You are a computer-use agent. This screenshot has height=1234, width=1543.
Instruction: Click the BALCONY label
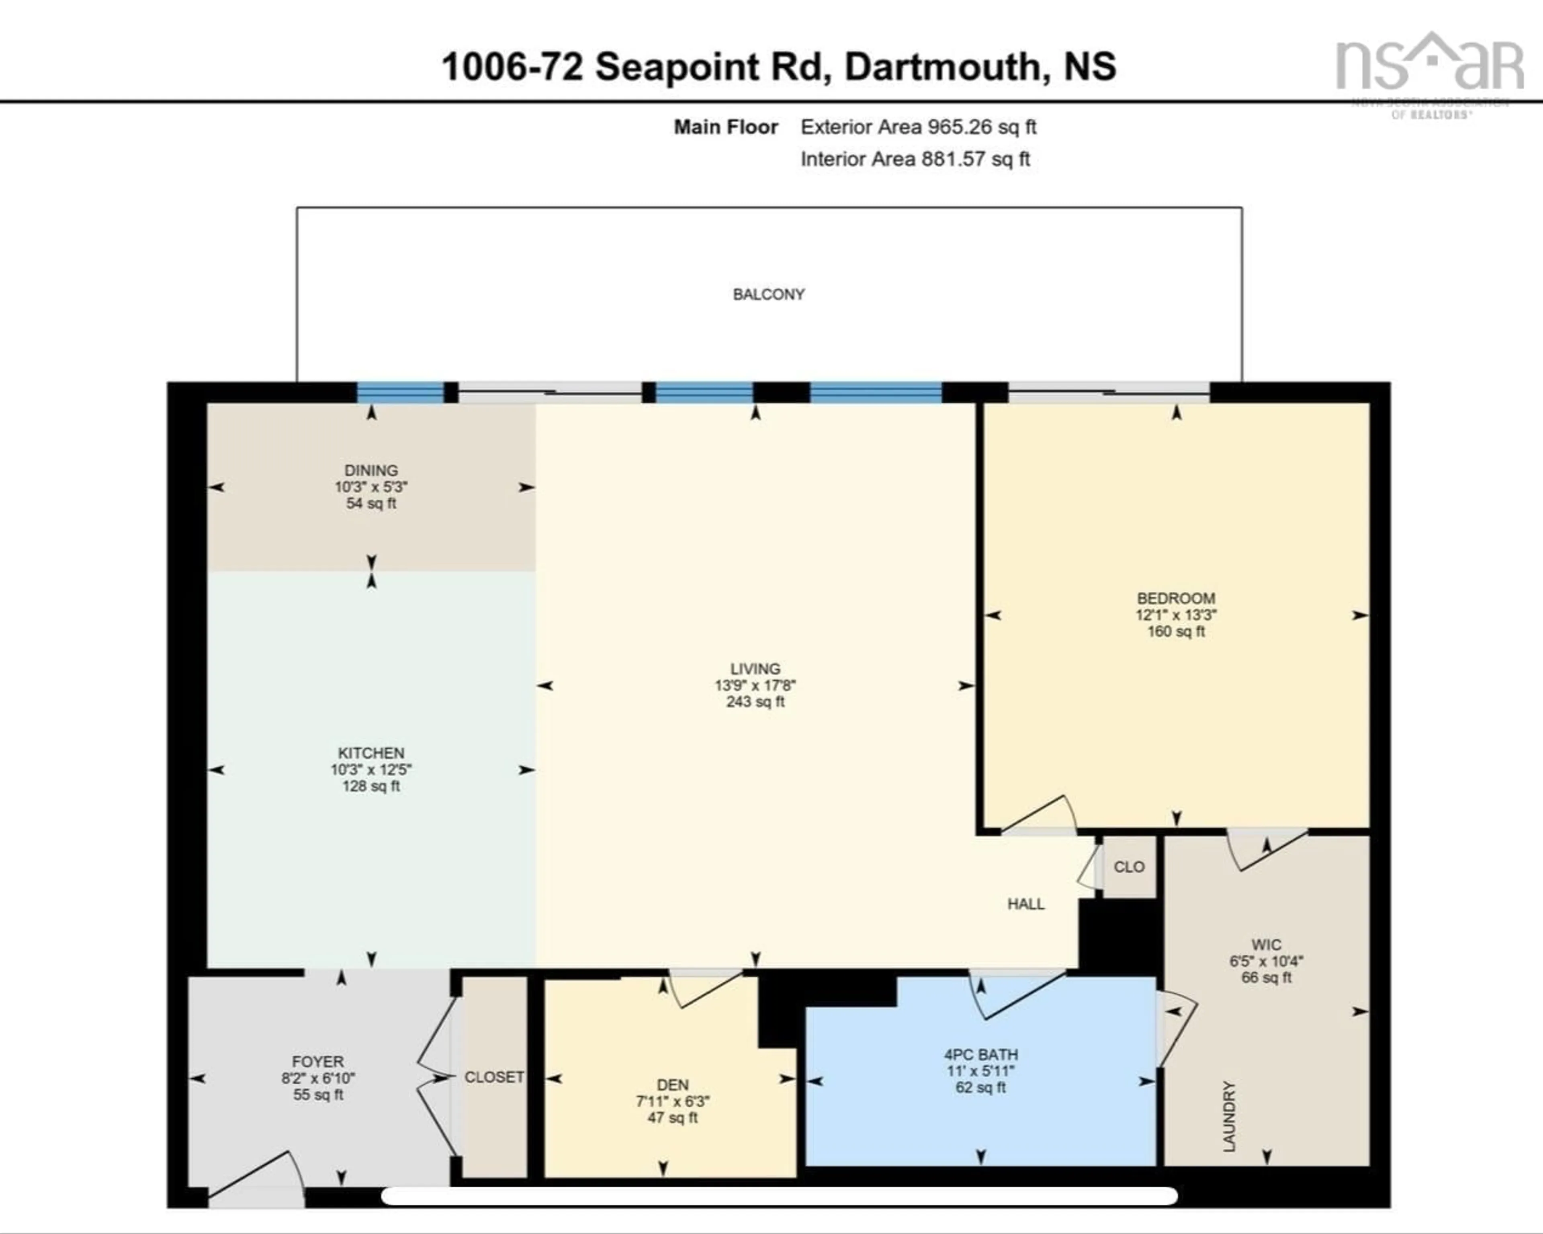pyautogui.click(x=769, y=294)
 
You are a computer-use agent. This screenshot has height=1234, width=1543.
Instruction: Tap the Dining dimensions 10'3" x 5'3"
pyautogui.click(x=371, y=487)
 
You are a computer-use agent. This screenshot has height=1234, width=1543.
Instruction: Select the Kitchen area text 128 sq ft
pyautogui.click(x=371, y=786)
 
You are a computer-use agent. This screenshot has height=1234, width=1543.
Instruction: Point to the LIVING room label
pyautogui.click(x=755, y=668)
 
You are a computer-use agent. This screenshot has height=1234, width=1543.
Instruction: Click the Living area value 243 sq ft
pyautogui.click(x=755, y=701)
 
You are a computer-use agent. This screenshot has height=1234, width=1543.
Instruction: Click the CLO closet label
pyautogui.click(x=1129, y=867)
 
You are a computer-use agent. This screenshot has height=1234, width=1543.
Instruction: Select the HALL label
pyautogui.click(x=1025, y=904)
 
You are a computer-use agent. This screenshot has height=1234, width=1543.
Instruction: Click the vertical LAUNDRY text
pyautogui.click(x=1229, y=1117)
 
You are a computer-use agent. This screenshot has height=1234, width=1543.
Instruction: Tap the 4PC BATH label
pyautogui.click(x=980, y=1054)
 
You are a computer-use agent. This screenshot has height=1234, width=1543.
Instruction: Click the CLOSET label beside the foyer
pyautogui.click(x=494, y=1076)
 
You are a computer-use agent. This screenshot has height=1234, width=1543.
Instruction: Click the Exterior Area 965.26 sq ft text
pyautogui.click(x=918, y=127)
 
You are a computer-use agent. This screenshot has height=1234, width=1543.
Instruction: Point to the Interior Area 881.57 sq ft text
pyautogui.click(x=915, y=159)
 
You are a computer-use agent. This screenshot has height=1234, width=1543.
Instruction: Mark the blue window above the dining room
pyautogui.click(x=400, y=392)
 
